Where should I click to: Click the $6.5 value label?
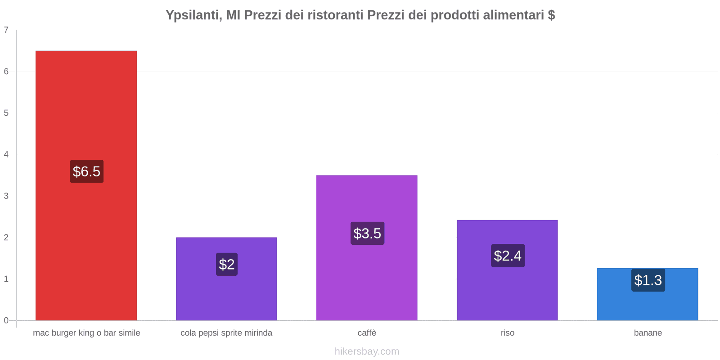click(x=86, y=171)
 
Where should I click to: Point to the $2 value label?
click(x=227, y=264)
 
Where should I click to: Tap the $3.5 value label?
click(x=367, y=234)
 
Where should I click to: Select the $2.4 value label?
click(x=508, y=256)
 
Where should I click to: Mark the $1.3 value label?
click(x=648, y=280)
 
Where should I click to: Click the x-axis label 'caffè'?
click(x=367, y=333)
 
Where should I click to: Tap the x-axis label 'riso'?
click(x=507, y=333)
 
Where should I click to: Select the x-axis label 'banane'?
click(x=648, y=333)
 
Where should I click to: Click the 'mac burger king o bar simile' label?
click(x=86, y=333)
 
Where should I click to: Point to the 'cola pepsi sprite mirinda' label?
click(x=226, y=333)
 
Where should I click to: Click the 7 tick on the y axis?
click(x=6, y=30)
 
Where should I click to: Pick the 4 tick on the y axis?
click(x=6, y=155)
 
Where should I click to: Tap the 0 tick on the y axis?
click(x=6, y=320)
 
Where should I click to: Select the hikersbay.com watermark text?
click(x=367, y=351)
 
